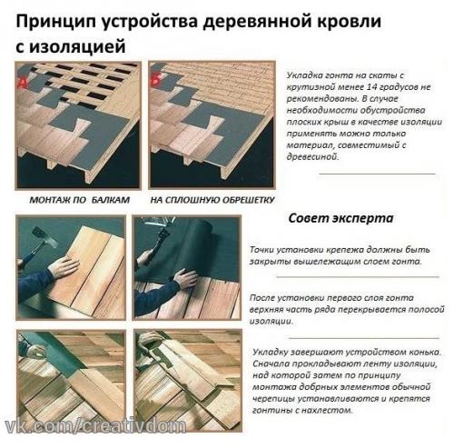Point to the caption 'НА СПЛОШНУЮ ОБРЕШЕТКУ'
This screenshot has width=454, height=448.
(x=197, y=198)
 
